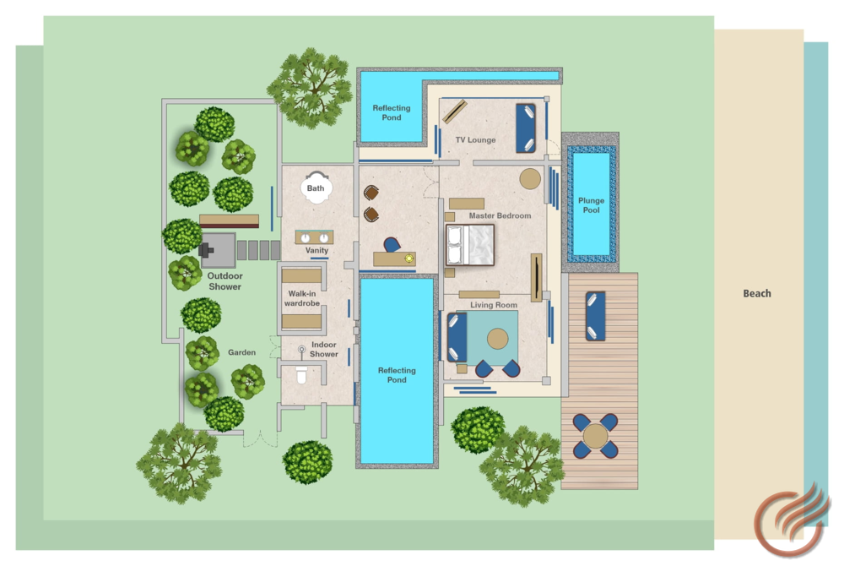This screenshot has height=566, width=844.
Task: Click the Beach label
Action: point(757,293)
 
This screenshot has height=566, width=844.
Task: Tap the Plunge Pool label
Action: point(591,205)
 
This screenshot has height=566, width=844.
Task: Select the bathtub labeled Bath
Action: point(316,187)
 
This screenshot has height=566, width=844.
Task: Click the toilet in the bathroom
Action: point(301,374)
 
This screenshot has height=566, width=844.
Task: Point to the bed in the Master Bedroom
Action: point(470,245)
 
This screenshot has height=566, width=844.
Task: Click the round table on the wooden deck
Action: point(595,436)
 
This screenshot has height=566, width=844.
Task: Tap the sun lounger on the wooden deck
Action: point(595,316)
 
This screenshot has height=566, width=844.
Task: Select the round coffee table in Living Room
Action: point(497,339)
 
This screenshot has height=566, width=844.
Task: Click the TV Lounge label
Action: point(475,140)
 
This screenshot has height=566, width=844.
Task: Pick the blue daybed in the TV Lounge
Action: point(525,128)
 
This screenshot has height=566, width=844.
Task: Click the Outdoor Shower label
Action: point(225,281)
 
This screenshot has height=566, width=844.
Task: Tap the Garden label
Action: point(241,352)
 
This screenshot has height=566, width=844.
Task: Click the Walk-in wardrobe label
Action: point(302,298)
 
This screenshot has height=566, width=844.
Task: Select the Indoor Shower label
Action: point(323,349)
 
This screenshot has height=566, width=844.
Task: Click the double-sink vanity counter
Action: point(314,237)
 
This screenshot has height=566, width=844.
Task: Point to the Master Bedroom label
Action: point(500,215)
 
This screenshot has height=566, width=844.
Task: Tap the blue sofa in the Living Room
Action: point(457,337)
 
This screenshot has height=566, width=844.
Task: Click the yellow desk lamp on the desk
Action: point(409,259)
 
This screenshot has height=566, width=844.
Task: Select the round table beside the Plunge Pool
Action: point(530,179)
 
